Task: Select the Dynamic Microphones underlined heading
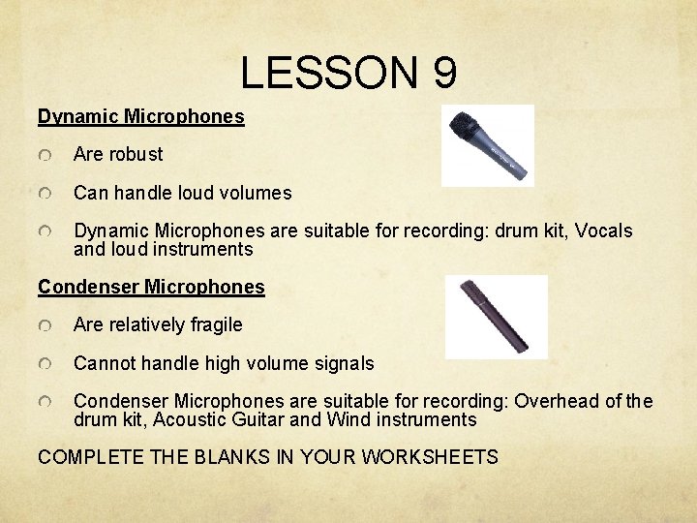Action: coord(141,117)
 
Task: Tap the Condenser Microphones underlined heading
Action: coord(151,287)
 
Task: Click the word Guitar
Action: coord(260,420)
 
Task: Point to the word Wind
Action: coord(350,420)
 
